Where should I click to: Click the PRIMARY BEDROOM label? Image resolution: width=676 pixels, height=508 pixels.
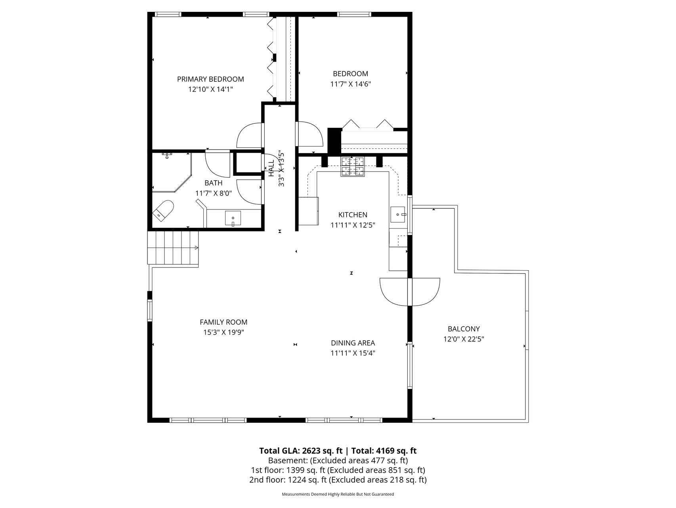[210, 79]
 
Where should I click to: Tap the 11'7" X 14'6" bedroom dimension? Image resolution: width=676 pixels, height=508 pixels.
[350, 84]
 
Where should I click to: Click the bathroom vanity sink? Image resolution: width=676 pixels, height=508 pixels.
[233, 218]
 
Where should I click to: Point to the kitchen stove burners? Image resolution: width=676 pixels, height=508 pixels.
[353, 166]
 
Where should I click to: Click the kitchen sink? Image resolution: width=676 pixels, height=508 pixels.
[398, 215]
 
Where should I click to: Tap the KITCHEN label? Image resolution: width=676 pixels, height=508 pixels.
[353, 215]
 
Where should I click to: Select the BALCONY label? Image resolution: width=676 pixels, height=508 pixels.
[464, 329]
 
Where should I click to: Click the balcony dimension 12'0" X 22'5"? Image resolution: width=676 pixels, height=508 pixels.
[464, 339]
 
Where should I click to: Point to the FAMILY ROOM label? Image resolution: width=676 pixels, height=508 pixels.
[223, 322]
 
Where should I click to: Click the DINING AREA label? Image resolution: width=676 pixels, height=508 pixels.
[353, 343]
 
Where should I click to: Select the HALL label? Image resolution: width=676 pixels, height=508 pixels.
[271, 169]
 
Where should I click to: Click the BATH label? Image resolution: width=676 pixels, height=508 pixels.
[213, 183]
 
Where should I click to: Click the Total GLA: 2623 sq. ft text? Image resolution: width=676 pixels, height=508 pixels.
[301, 451]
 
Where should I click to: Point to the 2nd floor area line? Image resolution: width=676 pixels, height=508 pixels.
[338, 480]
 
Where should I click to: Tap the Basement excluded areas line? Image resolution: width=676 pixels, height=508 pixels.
[338, 461]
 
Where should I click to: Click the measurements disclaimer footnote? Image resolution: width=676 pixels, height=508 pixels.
[338, 494]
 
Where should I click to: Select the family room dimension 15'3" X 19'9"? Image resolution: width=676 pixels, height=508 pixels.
[223, 333]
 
